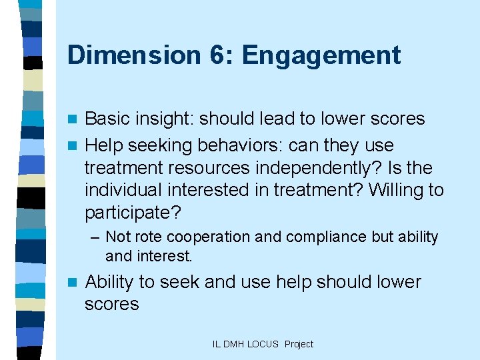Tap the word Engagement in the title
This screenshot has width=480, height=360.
coord(321,56)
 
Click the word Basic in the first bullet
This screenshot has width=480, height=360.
coord(108,119)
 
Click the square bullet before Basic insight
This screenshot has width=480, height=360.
coord(75,120)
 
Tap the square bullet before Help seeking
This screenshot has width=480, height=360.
coord(75,146)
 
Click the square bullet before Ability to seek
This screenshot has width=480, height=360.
coord(75,283)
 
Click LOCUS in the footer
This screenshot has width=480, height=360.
coord(263,344)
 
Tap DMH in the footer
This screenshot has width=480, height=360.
coord(234,344)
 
